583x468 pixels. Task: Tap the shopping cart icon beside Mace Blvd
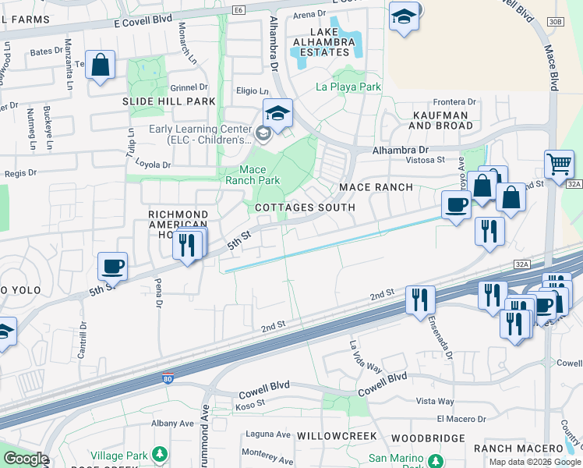pyautogui.click(x=559, y=165)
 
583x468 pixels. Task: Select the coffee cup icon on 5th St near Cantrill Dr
pyautogui.click(x=113, y=267)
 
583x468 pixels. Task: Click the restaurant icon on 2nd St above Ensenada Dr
pyautogui.click(x=420, y=299)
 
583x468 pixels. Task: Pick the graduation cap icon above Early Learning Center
pyautogui.click(x=277, y=113)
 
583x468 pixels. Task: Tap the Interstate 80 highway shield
pyautogui.click(x=168, y=379)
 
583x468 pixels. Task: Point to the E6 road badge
pyautogui.click(x=238, y=10)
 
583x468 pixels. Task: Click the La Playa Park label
pyautogui.click(x=348, y=87)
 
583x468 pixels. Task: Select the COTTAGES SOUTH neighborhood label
pyautogui.click(x=305, y=207)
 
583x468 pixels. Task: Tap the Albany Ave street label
pyautogui.click(x=171, y=423)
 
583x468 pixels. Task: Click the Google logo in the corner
pyautogui.click(x=24, y=459)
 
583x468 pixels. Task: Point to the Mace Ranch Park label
pyautogui.click(x=252, y=175)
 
